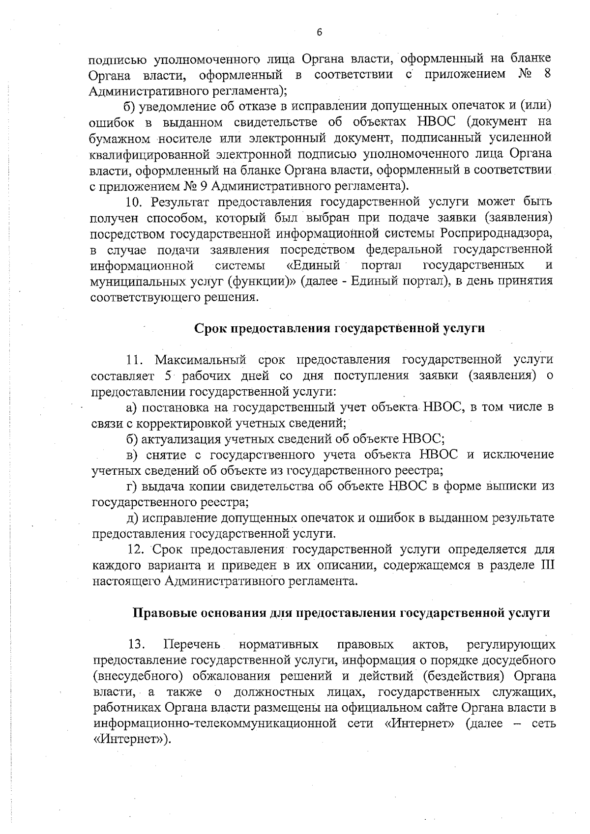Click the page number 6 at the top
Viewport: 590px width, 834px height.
tap(319, 32)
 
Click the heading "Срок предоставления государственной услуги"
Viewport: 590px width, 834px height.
tap(340, 328)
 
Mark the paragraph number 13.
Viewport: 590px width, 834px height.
tap(136, 644)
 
